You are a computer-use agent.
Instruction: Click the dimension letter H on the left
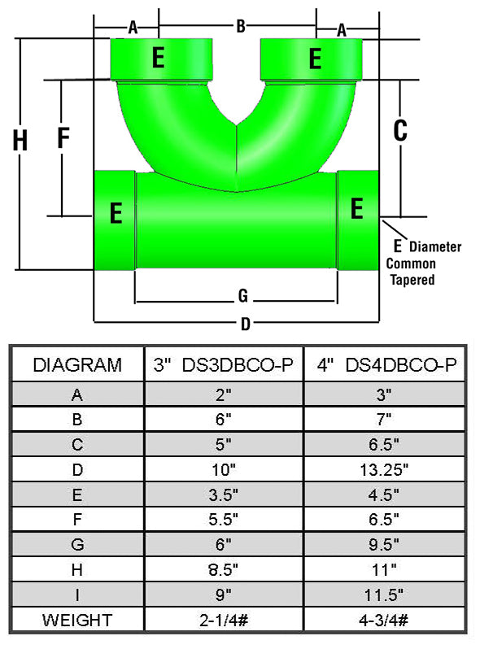click(x=20, y=140)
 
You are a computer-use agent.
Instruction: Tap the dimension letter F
click(x=63, y=137)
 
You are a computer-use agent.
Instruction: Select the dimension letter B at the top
click(x=241, y=26)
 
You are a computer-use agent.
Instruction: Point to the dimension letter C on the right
click(x=400, y=130)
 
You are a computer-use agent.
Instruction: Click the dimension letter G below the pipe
click(x=243, y=295)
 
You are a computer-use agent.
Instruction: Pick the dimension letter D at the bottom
click(x=246, y=324)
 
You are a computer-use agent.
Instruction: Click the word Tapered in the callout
click(x=412, y=280)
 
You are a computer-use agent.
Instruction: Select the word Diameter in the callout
click(x=435, y=246)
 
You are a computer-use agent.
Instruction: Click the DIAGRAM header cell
click(x=77, y=364)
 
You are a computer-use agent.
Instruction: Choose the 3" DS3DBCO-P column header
click(x=224, y=364)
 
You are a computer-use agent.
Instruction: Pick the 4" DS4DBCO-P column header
click(x=386, y=364)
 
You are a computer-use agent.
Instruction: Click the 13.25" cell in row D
click(x=384, y=470)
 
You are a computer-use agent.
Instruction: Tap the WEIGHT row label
click(x=77, y=620)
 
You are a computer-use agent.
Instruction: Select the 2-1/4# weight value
click(x=223, y=620)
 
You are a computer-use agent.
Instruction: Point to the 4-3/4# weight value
click(x=384, y=620)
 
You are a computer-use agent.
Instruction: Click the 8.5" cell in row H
click(x=223, y=570)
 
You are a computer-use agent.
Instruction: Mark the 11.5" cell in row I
click(x=384, y=595)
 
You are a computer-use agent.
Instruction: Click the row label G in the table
click(x=77, y=545)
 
